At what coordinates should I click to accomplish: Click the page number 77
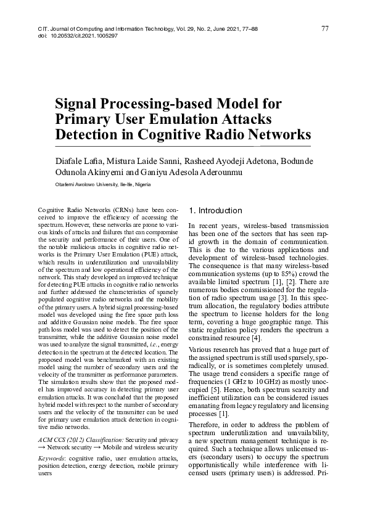pos(325,29)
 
